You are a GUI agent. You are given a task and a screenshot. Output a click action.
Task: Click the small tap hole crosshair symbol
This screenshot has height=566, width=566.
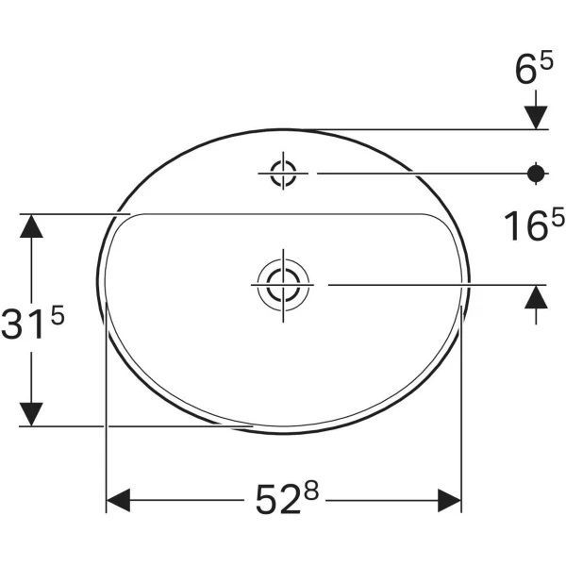coord(283,173)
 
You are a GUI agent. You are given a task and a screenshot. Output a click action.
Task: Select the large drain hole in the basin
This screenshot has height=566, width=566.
coord(281,282)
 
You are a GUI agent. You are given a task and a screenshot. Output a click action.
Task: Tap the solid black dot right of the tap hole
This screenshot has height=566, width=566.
coord(536,173)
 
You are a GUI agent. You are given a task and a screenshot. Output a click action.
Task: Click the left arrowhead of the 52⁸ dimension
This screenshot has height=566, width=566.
coord(117,500)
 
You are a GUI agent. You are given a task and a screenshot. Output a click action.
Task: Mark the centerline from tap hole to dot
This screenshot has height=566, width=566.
coord(415,173)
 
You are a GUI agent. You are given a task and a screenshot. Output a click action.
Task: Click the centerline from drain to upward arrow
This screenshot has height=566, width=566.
coord(424,282)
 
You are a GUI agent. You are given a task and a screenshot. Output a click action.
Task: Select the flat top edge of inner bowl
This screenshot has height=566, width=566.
coord(283,213)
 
